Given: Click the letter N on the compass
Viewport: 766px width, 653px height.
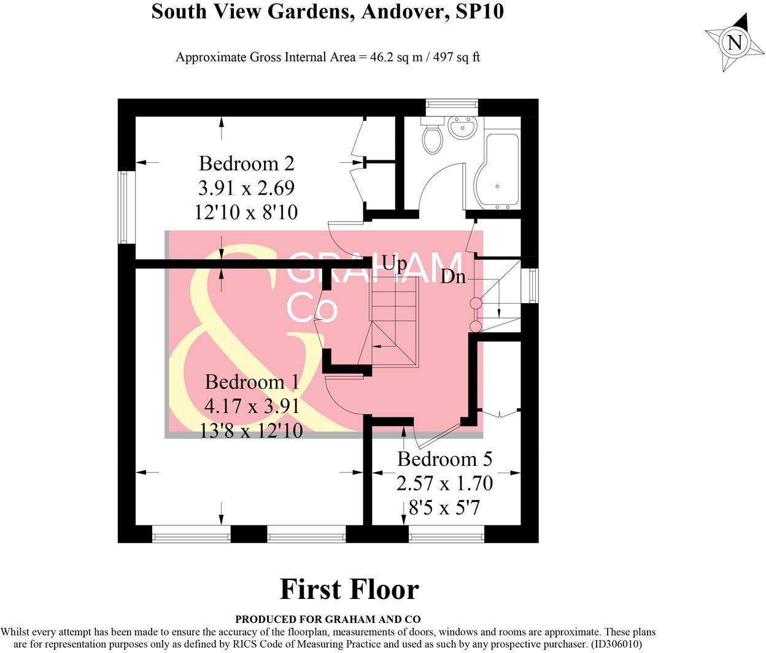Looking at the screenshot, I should pyautogui.click(x=734, y=42).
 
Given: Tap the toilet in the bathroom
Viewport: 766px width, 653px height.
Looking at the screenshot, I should pyautogui.click(x=432, y=137).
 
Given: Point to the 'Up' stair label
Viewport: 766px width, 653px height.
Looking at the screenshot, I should pyautogui.click(x=394, y=263).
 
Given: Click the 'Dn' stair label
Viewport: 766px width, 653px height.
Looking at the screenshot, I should pyautogui.click(x=454, y=277).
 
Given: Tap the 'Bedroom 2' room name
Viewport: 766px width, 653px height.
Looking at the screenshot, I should pyautogui.click(x=246, y=163).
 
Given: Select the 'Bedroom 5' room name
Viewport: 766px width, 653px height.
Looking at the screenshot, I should pyautogui.click(x=444, y=459).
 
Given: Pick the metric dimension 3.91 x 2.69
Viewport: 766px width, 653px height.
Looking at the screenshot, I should pyautogui.click(x=246, y=187).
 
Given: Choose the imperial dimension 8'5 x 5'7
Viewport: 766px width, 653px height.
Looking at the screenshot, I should pyautogui.click(x=444, y=508).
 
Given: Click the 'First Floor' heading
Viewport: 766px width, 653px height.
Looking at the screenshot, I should pyautogui.click(x=349, y=589).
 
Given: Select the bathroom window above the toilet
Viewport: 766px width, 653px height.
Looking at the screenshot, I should pyautogui.click(x=452, y=105).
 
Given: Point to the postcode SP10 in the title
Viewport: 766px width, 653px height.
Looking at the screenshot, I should pyautogui.click(x=480, y=11).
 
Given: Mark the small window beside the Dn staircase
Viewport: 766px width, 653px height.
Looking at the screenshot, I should pyautogui.click(x=532, y=285).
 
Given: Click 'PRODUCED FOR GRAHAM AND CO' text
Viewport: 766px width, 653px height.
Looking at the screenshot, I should pyautogui.click(x=328, y=619).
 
